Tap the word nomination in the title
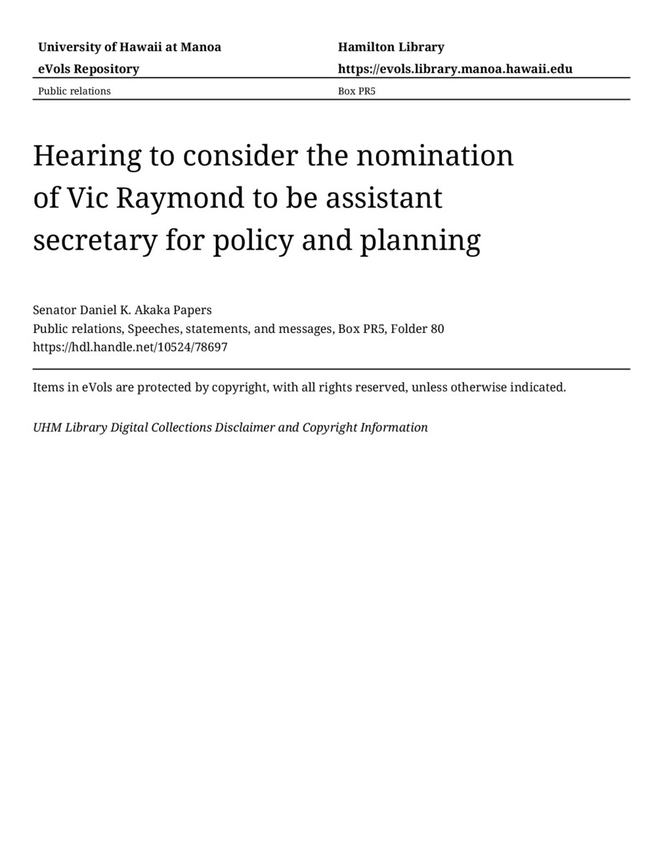[435, 156]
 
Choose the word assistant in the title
[385, 198]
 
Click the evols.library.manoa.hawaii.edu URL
[455, 69]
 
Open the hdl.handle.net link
[130, 347]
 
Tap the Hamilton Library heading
[391, 47]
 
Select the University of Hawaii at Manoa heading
[129, 47]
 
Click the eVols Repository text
[88, 69]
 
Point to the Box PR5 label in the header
[357, 91]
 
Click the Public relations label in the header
[74, 91]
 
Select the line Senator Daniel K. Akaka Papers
[122, 310]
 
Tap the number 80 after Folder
[437, 329]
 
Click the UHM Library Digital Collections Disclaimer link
[230, 428]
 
